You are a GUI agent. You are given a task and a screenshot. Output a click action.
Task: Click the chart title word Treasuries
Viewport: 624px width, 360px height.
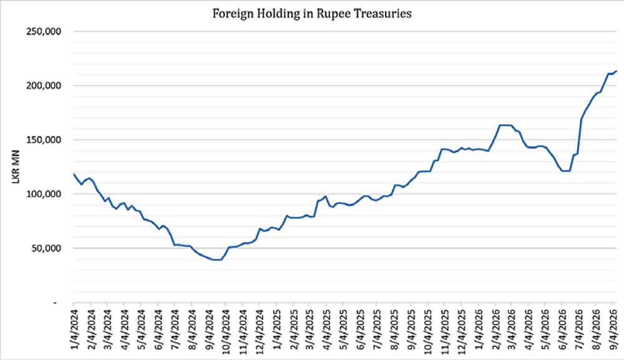tap(383, 14)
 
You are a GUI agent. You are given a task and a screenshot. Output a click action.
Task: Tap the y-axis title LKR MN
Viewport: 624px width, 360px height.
tap(16, 167)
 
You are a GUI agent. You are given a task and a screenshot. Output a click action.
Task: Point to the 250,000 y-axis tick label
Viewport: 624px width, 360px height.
tap(44, 31)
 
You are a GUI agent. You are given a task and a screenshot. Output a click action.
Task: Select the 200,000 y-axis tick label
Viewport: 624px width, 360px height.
tap(44, 85)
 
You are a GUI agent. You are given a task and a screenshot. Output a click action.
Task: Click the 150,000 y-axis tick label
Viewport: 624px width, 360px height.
tap(44, 140)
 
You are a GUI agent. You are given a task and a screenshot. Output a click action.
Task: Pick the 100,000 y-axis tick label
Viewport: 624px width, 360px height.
tap(44, 193)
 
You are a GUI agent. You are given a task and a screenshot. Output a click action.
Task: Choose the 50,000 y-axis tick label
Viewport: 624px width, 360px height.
tap(46, 248)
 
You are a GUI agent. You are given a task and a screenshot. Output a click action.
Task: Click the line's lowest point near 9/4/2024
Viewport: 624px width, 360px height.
tap(217, 260)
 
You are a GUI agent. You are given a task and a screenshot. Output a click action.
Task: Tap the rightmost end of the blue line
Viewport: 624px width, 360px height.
tap(617, 71)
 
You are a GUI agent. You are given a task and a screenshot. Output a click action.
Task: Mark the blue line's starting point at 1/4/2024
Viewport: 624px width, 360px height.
tap(74, 174)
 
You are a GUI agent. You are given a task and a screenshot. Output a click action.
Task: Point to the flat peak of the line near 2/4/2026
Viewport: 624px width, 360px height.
tap(505, 125)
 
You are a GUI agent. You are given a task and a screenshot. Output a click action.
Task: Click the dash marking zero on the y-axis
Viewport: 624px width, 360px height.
tap(55, 303)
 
